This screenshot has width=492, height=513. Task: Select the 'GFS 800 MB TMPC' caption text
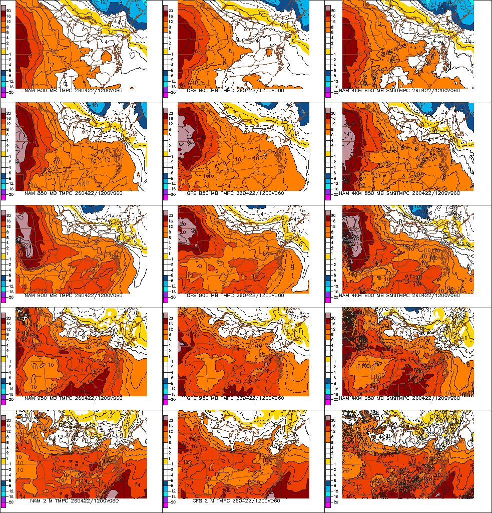[235, 91]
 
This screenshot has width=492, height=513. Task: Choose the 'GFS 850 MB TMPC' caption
[235, 193]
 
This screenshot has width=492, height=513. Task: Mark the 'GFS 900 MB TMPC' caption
[235, 296]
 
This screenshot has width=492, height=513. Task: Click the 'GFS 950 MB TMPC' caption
[235, 398]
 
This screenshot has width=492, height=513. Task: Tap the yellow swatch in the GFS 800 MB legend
[166, 51]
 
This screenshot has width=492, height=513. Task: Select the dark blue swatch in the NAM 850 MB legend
[4, 176]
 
